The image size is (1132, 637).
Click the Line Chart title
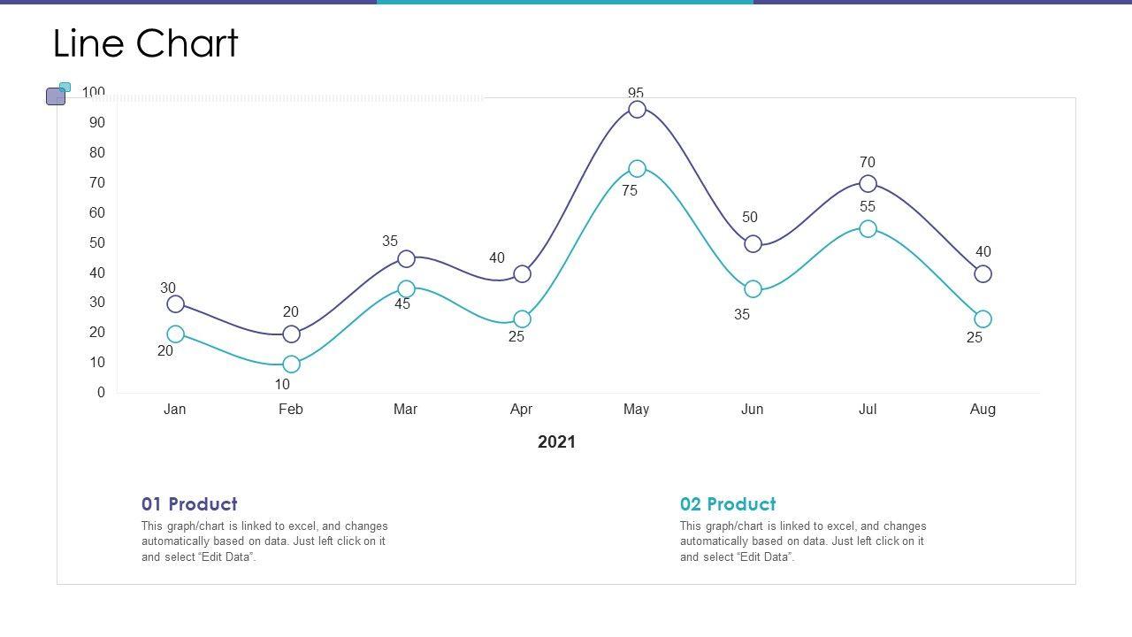coord(146,43)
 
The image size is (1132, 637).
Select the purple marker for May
coord(637,110)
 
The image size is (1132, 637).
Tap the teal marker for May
coord(637,169)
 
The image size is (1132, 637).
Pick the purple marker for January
coord(176,304)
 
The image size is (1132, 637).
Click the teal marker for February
coord(291,365)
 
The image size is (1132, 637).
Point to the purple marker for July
coord(868,184)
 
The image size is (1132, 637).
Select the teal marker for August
coord(983,319)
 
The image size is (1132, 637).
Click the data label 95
coord(636,93)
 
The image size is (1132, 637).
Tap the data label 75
coord(630,190)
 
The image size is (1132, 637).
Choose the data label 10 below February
coord(282,384)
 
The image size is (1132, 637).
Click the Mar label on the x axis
coord(405,409)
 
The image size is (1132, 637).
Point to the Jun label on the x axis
coord(752,409)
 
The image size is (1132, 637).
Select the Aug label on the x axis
coord(983,409)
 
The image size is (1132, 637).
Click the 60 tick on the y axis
coord(96,212)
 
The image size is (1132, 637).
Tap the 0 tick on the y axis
coord(101,392)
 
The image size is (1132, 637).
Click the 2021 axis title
coord(556,442)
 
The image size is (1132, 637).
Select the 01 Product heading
coord(189,504)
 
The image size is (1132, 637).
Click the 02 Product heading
coord(728,504)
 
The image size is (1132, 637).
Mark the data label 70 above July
coord(868,163)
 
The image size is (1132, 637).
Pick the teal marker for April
coord(522,319)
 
